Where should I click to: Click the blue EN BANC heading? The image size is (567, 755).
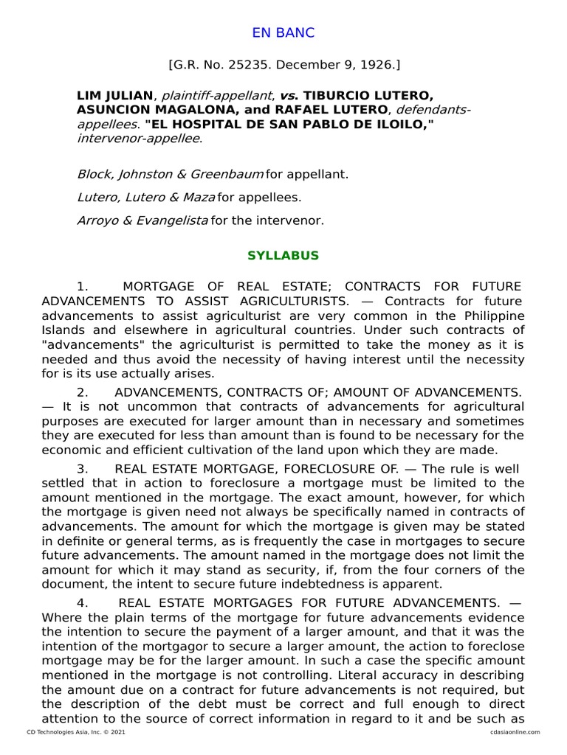point(283,32)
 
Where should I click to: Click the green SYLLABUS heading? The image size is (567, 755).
point(283,256)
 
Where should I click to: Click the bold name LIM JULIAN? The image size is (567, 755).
point(114,96)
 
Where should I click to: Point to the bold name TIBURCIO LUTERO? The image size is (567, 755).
point(368,96)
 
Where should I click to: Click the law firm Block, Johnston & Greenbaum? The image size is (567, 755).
point(170,175)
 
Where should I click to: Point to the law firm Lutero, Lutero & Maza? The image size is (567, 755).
point(145,198)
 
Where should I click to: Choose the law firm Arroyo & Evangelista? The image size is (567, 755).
point(142,220)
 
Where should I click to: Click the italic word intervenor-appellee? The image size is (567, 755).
point(138,137)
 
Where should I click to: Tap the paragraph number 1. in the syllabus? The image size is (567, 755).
point(83,286)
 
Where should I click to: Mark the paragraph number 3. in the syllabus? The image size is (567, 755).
point(83,468)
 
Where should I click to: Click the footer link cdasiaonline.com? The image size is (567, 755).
point(514,732)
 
